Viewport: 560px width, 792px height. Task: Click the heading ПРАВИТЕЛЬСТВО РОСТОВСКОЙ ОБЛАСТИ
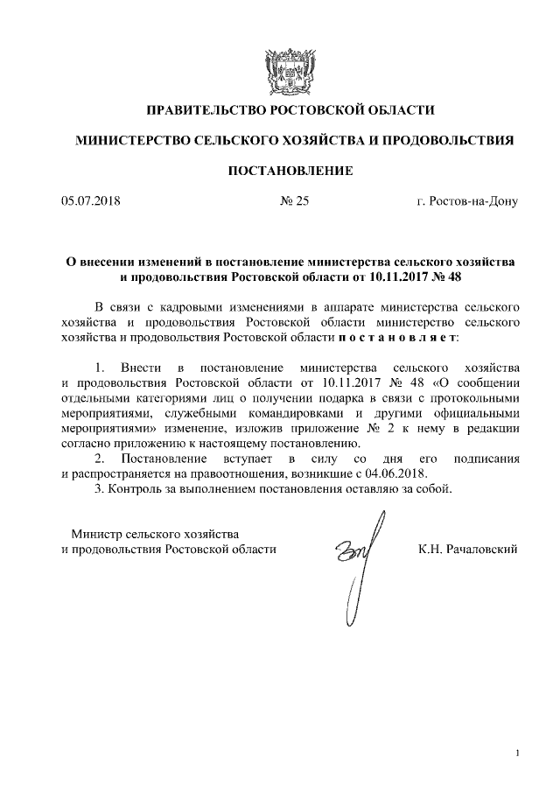pos(290,110)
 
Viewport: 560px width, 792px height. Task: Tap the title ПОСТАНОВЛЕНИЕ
pos(290,171)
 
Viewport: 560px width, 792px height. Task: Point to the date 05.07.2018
pos(90,202)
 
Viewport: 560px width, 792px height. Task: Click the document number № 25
pos(294,202)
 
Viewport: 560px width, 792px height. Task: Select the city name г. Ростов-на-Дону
pos(467,202)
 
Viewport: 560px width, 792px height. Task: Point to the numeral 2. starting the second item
pos(100,459)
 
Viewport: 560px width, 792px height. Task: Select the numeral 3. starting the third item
pos(99,488)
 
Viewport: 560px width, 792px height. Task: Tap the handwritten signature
pos(356,560)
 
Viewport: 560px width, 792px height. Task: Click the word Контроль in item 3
pos(136,488)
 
